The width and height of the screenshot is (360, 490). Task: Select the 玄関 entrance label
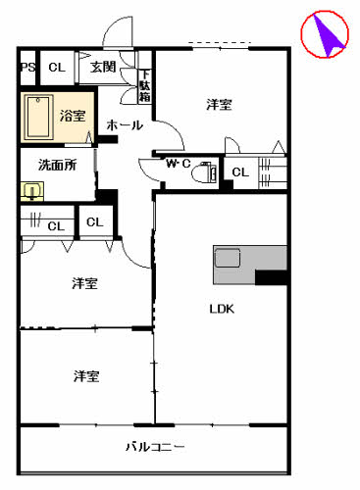click(103, 67)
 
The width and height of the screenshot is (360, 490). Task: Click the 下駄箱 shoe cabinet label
click(144, 86)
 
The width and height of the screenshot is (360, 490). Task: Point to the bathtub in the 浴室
click(39, 118)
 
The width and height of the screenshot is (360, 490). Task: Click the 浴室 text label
click(74, 116)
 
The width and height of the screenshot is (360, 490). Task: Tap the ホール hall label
click(125, 125)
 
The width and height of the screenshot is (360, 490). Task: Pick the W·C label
click(178, 164)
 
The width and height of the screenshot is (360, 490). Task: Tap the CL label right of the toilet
click(240, 173)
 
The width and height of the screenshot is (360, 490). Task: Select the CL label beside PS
click(56, 67)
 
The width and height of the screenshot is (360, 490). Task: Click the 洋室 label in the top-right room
click(219, 104)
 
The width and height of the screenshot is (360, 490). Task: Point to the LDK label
click(221, 309)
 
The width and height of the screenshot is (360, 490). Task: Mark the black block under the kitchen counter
click(271, 277)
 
